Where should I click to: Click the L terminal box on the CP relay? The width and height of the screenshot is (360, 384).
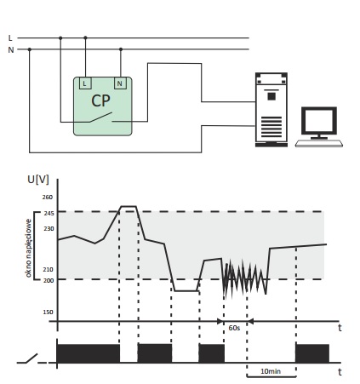pos(85,83)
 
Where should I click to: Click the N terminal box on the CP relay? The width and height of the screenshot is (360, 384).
pos(120,83)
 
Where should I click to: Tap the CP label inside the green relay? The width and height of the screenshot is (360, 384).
pos(100,100)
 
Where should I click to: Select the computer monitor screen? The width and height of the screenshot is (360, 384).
pos(319,120)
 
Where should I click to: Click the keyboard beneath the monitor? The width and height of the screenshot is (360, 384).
pos(319,143)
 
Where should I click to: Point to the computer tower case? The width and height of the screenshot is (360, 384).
pos(271,110)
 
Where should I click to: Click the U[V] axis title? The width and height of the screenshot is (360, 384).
pos(38,180)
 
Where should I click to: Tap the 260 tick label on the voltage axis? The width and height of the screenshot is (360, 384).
pos(48,197)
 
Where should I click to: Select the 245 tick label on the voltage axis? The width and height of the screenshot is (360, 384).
pos(49,214)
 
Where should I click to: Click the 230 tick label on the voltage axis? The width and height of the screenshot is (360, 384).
pos(49,228)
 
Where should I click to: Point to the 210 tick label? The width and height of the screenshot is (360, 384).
pos(48,269)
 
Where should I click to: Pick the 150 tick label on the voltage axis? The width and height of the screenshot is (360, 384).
pos(48,312)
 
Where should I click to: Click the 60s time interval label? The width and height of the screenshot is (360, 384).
pos(234,328)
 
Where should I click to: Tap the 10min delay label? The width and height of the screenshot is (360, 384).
pos(271,371)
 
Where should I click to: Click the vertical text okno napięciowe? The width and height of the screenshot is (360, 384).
pos(28,248)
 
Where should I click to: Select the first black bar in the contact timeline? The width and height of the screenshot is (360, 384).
pos(89,353)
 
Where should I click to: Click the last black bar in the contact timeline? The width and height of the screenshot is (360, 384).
pos(312,353)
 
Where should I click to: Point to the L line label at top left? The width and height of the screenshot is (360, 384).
pos(10,38)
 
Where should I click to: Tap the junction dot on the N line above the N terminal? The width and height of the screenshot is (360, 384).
pos(121,49)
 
